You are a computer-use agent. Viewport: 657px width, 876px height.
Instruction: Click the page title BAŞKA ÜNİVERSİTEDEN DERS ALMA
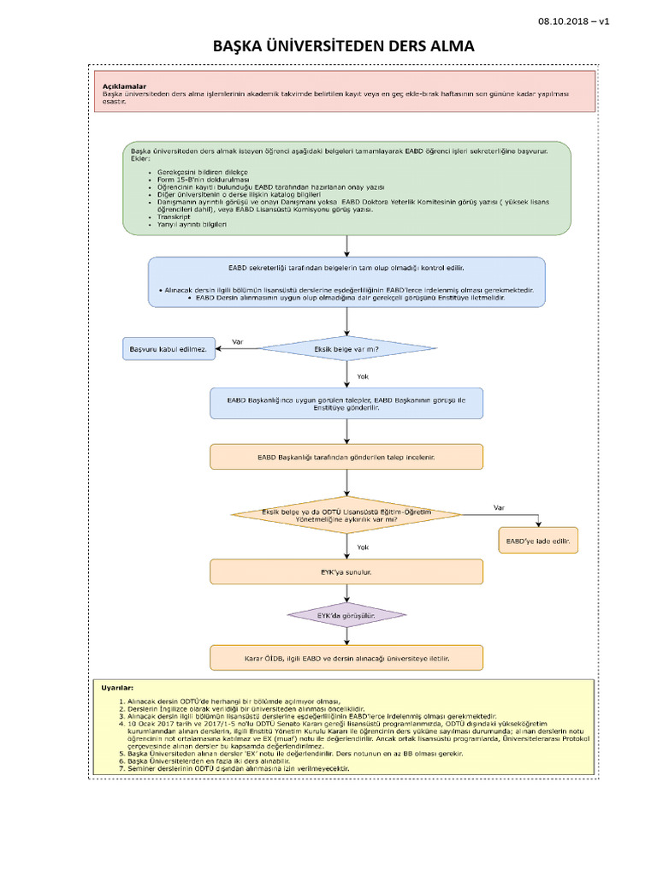(x=344, y=45)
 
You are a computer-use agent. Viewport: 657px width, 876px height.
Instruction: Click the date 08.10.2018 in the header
(x=568, y=21)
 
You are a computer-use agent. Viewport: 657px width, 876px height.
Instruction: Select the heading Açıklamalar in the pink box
(x=124, y=86)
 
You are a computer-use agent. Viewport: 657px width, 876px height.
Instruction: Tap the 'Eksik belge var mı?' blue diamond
(x=346, y=349)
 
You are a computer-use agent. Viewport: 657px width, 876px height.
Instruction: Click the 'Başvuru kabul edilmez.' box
(x=168, y=349)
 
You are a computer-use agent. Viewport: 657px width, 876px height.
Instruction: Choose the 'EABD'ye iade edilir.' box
(x=538, y=541)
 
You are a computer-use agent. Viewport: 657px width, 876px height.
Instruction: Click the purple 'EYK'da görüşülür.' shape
(x=346, y=615)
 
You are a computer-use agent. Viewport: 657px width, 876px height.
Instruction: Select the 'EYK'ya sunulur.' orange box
(x=346, y=571)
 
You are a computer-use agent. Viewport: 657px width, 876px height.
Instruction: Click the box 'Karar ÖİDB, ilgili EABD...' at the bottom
(x=346, y=658)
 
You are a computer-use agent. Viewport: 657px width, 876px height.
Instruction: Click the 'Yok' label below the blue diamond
(x=363, y=376)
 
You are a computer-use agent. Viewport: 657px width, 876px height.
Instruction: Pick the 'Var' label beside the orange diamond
(x=499, y=507)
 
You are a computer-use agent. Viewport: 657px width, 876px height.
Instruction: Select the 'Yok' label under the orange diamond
(x=363, y=547)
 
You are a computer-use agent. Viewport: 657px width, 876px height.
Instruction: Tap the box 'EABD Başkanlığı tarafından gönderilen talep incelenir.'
(x=346, y=457)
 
